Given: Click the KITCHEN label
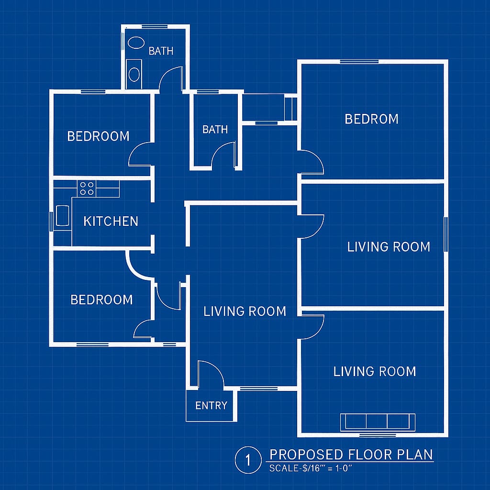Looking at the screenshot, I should tap(111, 221).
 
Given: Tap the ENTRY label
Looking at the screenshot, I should tap(211, 406).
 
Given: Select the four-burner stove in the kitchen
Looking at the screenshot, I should tap(87, 188).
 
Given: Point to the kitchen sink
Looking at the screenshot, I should tap(62, 215).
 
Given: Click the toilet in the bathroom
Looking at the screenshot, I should tap(134, 74).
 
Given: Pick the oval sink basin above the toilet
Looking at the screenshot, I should tap(136, 43).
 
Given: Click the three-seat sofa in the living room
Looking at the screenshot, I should tap(378, 422).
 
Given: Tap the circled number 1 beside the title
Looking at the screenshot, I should tap(248, 460).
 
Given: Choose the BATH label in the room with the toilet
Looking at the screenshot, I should tap(161, 51).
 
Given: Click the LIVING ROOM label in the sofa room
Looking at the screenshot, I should tap(375, 371).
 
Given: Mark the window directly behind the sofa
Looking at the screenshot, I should tap(378, 434).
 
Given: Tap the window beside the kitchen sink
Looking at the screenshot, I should tap(51, 222).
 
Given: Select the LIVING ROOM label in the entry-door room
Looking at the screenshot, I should tap(245, 311).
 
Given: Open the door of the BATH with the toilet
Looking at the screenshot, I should tap(171, 79).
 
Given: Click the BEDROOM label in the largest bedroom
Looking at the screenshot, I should tap(371, 119).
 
